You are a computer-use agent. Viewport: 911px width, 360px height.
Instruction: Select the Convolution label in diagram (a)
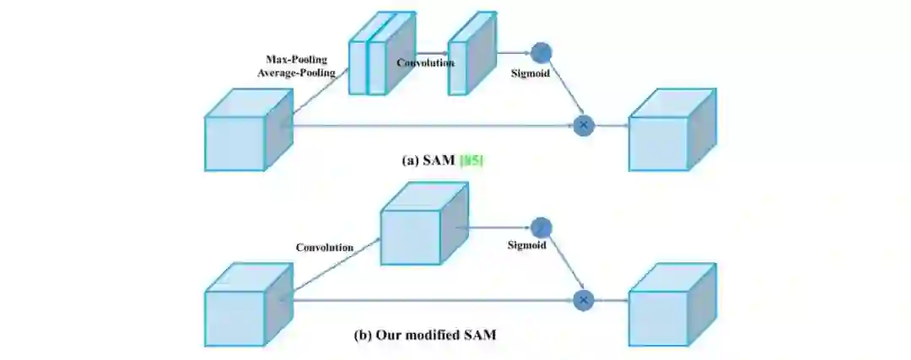[x=425, y=62]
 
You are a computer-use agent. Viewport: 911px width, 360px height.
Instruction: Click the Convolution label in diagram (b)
[x=324, y=247]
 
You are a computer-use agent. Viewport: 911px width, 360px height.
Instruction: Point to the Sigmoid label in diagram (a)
[x=531, y=74]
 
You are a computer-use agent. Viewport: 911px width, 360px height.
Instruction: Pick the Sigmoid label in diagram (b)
[x=526, y=245]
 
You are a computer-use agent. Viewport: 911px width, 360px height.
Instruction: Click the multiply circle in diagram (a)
[x=583, y=126]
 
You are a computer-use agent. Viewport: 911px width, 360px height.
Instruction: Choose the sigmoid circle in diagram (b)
[x=541, y=227]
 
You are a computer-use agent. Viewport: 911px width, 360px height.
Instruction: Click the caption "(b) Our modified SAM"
[x=424, y=335]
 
